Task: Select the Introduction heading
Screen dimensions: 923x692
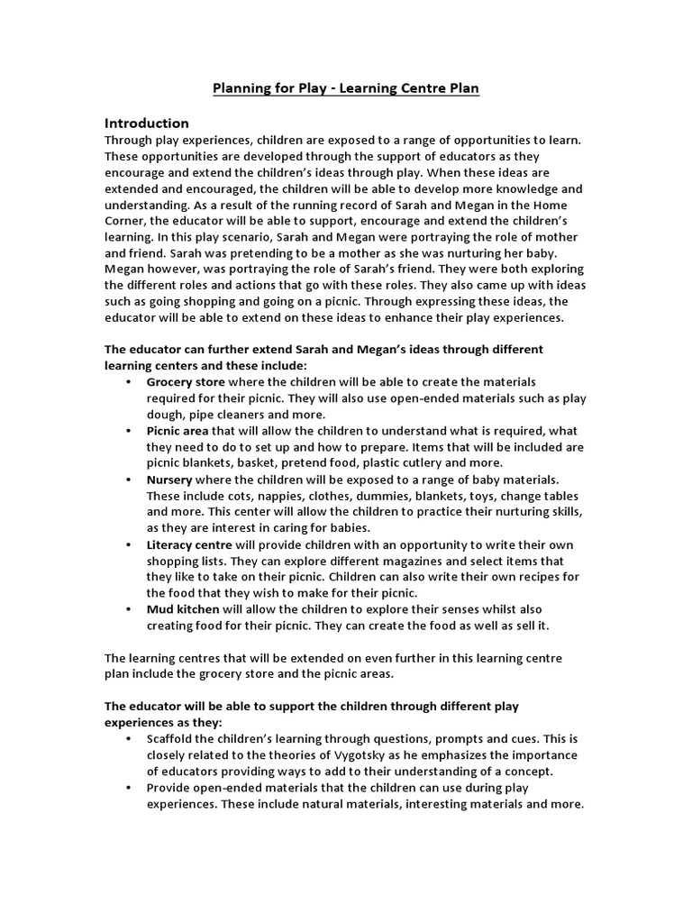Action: (x=147, y=123)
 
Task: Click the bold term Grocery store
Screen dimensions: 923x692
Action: (x=186, y=382)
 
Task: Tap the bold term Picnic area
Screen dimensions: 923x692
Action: (x=178, y=431)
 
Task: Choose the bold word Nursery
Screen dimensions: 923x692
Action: (x=169, y=480)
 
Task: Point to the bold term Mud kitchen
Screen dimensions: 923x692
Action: (x=183, y=609)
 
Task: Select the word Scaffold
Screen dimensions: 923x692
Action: (x=172, y=739)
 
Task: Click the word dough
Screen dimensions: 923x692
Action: (x=165, y=415)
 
